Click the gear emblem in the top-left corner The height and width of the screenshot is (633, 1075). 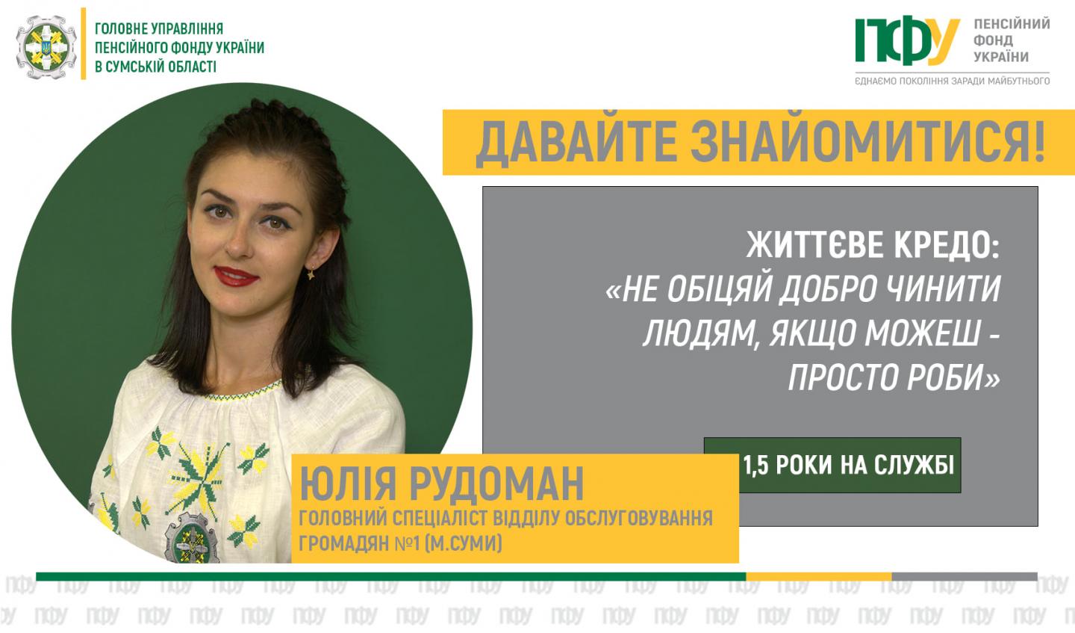46,46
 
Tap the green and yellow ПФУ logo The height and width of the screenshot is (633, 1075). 907,42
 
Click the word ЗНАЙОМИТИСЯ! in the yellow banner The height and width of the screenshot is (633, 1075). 868,142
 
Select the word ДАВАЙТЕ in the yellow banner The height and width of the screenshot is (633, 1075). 576,143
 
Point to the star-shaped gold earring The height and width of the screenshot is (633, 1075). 311,274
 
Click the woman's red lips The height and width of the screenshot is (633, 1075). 236,277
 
